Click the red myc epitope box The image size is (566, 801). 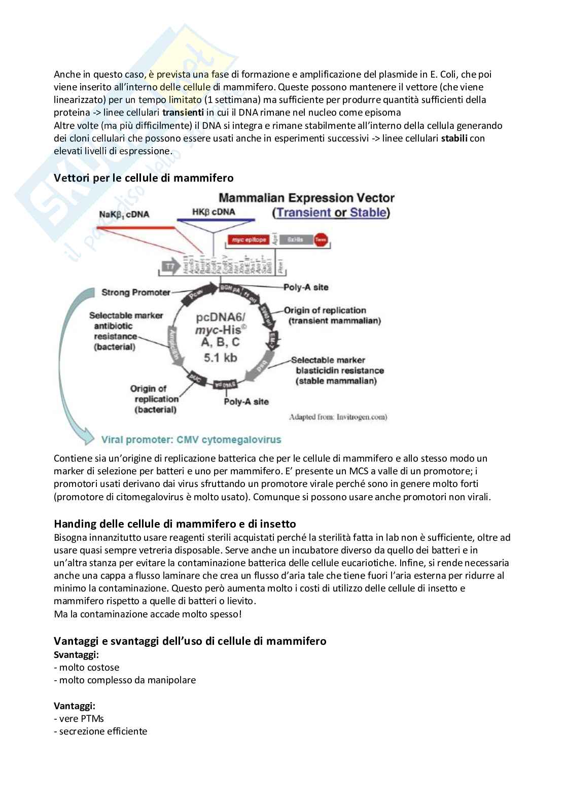point(248,239)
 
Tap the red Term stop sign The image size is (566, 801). point(321,240)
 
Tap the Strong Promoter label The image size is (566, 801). point(135,292)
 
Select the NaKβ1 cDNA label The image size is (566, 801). point(125,214)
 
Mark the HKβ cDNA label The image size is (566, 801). point(214,212)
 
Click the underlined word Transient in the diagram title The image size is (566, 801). point(302,213)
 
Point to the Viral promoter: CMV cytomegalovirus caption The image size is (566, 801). point(191,439)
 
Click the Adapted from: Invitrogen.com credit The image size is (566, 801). point(338,417)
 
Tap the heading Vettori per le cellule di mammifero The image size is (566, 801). point(144,178)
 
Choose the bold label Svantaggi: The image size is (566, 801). point(76,654)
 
